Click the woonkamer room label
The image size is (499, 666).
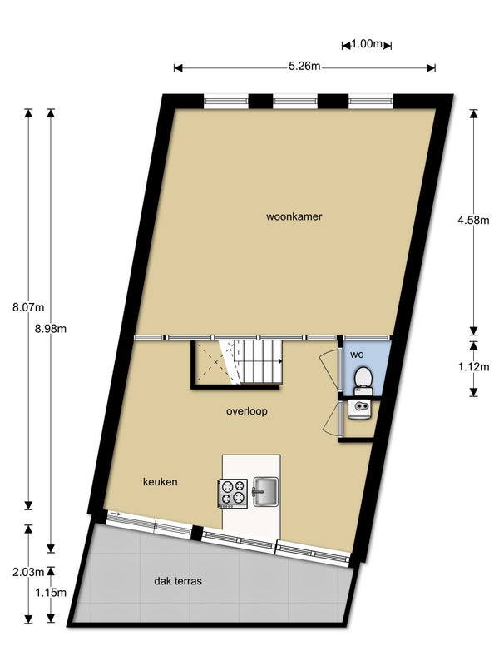(x=294, y=217)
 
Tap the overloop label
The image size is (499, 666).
(x=247, y=411)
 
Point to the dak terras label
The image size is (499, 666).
(x=178, y=582)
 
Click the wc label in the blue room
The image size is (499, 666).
(x=357, y=355)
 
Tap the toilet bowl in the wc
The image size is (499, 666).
(x=363, y=380)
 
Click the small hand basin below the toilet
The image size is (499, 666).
(x=360, y=408)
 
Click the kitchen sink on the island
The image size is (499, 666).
(x=264, y=490)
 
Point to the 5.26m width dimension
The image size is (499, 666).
(x=304, y=67)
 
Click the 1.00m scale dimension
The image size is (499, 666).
(x=366, y=44)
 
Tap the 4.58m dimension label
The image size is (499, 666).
(x=472, y=221)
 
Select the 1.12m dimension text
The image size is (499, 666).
(x=472, y=365)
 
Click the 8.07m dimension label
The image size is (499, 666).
(x=22, y=307)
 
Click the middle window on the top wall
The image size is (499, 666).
(x=297, y=102)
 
